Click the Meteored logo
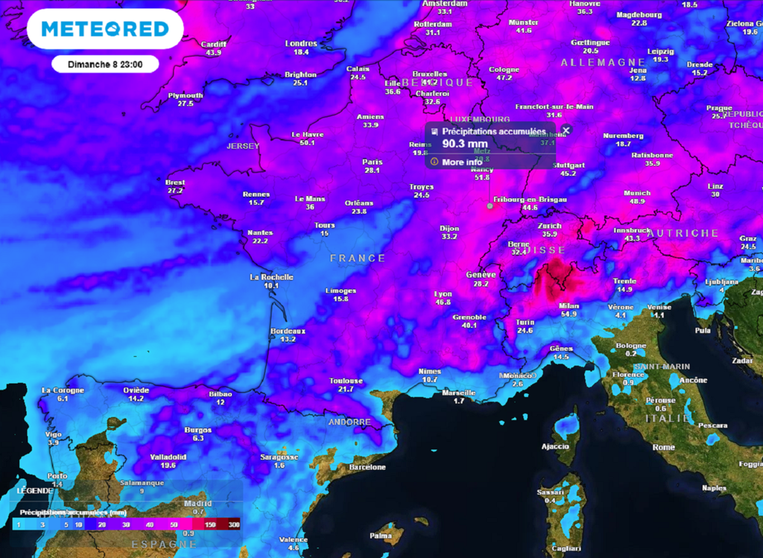tap(105, 29)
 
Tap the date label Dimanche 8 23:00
tap(105, 65)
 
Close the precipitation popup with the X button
tap(566, 130)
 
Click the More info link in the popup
tap(462, 162)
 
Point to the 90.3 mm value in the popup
tap(465, 144)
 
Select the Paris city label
tap(373, 162)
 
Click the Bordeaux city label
tap(288, 331)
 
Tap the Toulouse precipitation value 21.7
tap(346, 389)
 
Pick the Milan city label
tap(569, 305)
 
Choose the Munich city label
tap(637, 193)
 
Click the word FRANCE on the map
tap(358, 259)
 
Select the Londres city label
tap(301, 43)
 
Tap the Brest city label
tap(175, 183)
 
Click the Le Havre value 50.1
tap(307, 142)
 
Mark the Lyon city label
tap(443, 294)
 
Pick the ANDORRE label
tap(349, 422)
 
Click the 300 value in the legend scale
tap(235, 525)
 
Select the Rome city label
tap(663, 447)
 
